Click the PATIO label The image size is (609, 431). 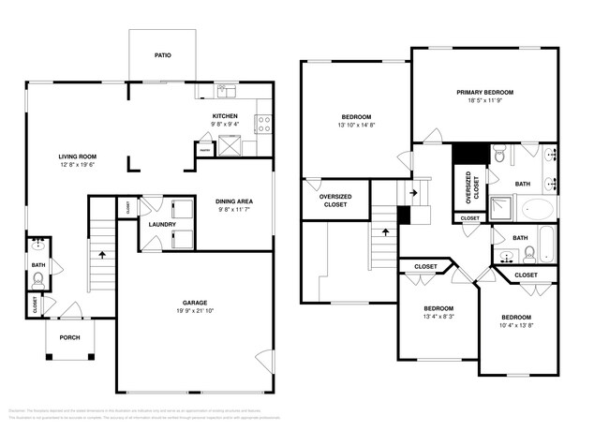click(162, 55)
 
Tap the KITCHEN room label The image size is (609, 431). click(226, 115)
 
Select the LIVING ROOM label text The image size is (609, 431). click(78, 156)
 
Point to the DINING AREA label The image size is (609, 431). click(235, 201)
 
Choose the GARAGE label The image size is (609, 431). click(195, 303)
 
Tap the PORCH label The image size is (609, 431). click(69, 337)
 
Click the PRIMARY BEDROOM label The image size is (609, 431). click(484, 92)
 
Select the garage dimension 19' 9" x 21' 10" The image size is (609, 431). click(195, 311)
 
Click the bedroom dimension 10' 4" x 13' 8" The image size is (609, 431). click(515, 326)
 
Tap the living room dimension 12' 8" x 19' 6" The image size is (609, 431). click(78, 165)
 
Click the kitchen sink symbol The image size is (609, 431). click(228, 92)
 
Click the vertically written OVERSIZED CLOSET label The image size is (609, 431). click(468, 187)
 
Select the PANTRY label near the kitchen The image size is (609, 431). click(203, 148)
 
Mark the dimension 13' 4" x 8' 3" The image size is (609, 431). click(438, 317)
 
